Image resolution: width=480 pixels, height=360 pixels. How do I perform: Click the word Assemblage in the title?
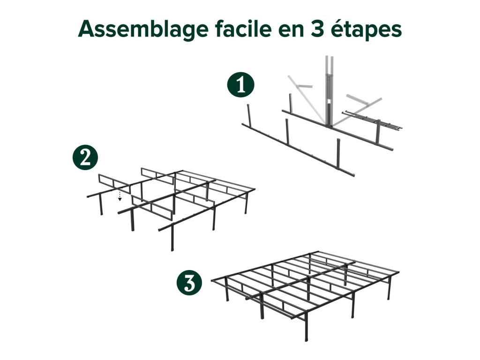coord(143,30)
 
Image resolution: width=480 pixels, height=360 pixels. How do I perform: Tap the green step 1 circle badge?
coord(240,84)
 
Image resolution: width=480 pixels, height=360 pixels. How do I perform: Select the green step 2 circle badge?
coord(85,157)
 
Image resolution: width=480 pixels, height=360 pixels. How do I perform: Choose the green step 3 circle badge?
coord(189,282)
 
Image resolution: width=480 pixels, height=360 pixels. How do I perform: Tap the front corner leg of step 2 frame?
coord(172,238)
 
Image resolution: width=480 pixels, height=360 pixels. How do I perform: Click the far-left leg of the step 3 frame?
coord(226,289)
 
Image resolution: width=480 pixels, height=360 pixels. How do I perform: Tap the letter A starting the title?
coord(86,29)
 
